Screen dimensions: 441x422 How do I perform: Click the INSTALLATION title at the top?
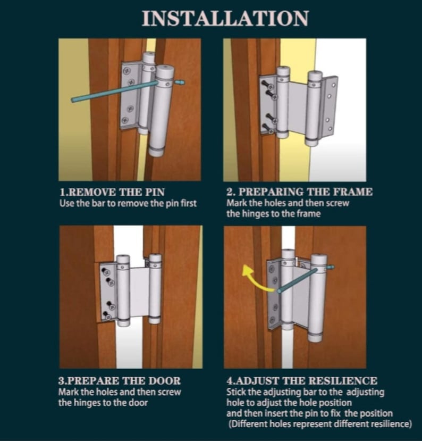click(x=225, y=19)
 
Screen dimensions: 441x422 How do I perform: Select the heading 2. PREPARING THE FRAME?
click(x=299, y=192)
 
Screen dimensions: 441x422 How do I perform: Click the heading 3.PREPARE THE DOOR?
click(x=119, y=381)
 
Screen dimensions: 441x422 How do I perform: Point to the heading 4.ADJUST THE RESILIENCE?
click(x=302, y=381)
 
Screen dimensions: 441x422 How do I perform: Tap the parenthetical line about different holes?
click(x=320, y=423)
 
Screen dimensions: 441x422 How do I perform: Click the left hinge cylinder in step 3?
click(x=123, y=290)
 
